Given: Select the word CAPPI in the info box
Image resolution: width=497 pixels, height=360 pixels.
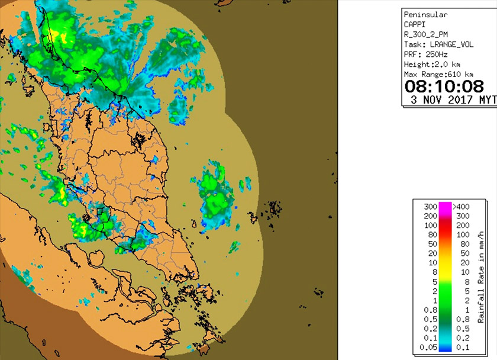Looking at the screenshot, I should (414, 24).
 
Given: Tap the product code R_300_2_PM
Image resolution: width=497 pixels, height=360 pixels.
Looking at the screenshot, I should (427, 34).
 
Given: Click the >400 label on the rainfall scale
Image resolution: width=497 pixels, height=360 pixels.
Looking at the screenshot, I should (461, 207).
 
